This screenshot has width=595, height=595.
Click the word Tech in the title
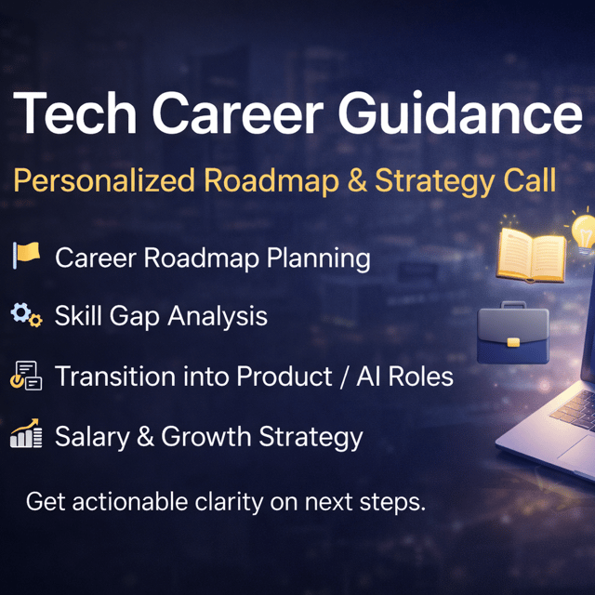click(74, 112)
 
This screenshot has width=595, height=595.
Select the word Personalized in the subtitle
click(104, 181)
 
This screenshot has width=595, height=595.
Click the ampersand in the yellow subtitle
click(357, 180)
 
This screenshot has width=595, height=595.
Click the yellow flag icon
click(26, 255)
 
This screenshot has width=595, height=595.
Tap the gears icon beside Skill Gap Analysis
click(26, 315)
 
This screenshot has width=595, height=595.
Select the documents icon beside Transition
click(26, 376)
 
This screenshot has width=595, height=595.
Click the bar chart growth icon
click(26, 433)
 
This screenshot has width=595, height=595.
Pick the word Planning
click(318, 258)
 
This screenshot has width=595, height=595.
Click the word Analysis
click(218, 316)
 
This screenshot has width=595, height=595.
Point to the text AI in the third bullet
click(368, 377)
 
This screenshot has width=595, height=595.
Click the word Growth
click(205, 436)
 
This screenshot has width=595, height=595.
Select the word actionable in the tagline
click(130, 501)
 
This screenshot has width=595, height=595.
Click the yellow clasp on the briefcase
click(513, 343)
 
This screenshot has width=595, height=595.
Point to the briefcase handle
click(513, 304)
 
